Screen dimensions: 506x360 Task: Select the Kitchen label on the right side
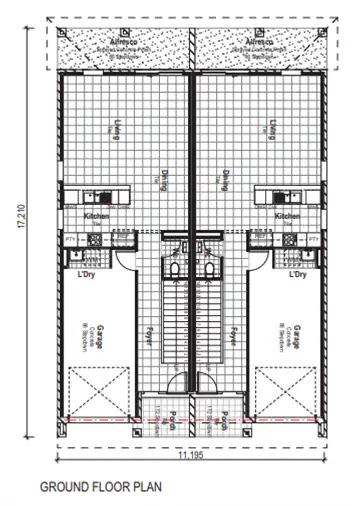[x=288, y=216]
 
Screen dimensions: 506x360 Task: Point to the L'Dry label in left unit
[x=85, y=273]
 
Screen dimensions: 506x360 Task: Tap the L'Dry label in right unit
[x=297, y=273]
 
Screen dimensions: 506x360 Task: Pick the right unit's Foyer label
[x=232, y=333]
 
